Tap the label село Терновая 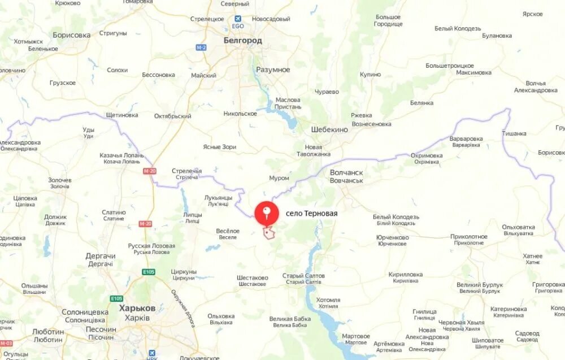[311, 214]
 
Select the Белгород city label [242, 41]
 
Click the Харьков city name [137, 309]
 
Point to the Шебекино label [329, 129]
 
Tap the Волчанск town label [346, 172]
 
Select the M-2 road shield [201, 47]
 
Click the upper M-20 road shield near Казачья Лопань [150, 171]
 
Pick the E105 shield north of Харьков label [149, 272]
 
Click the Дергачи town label [101, 256]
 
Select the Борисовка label [72, 35]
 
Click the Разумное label [273, 70]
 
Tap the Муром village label [279, 178]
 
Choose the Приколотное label [469, 236]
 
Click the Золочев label [59, 180]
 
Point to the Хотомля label [328, 300]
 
